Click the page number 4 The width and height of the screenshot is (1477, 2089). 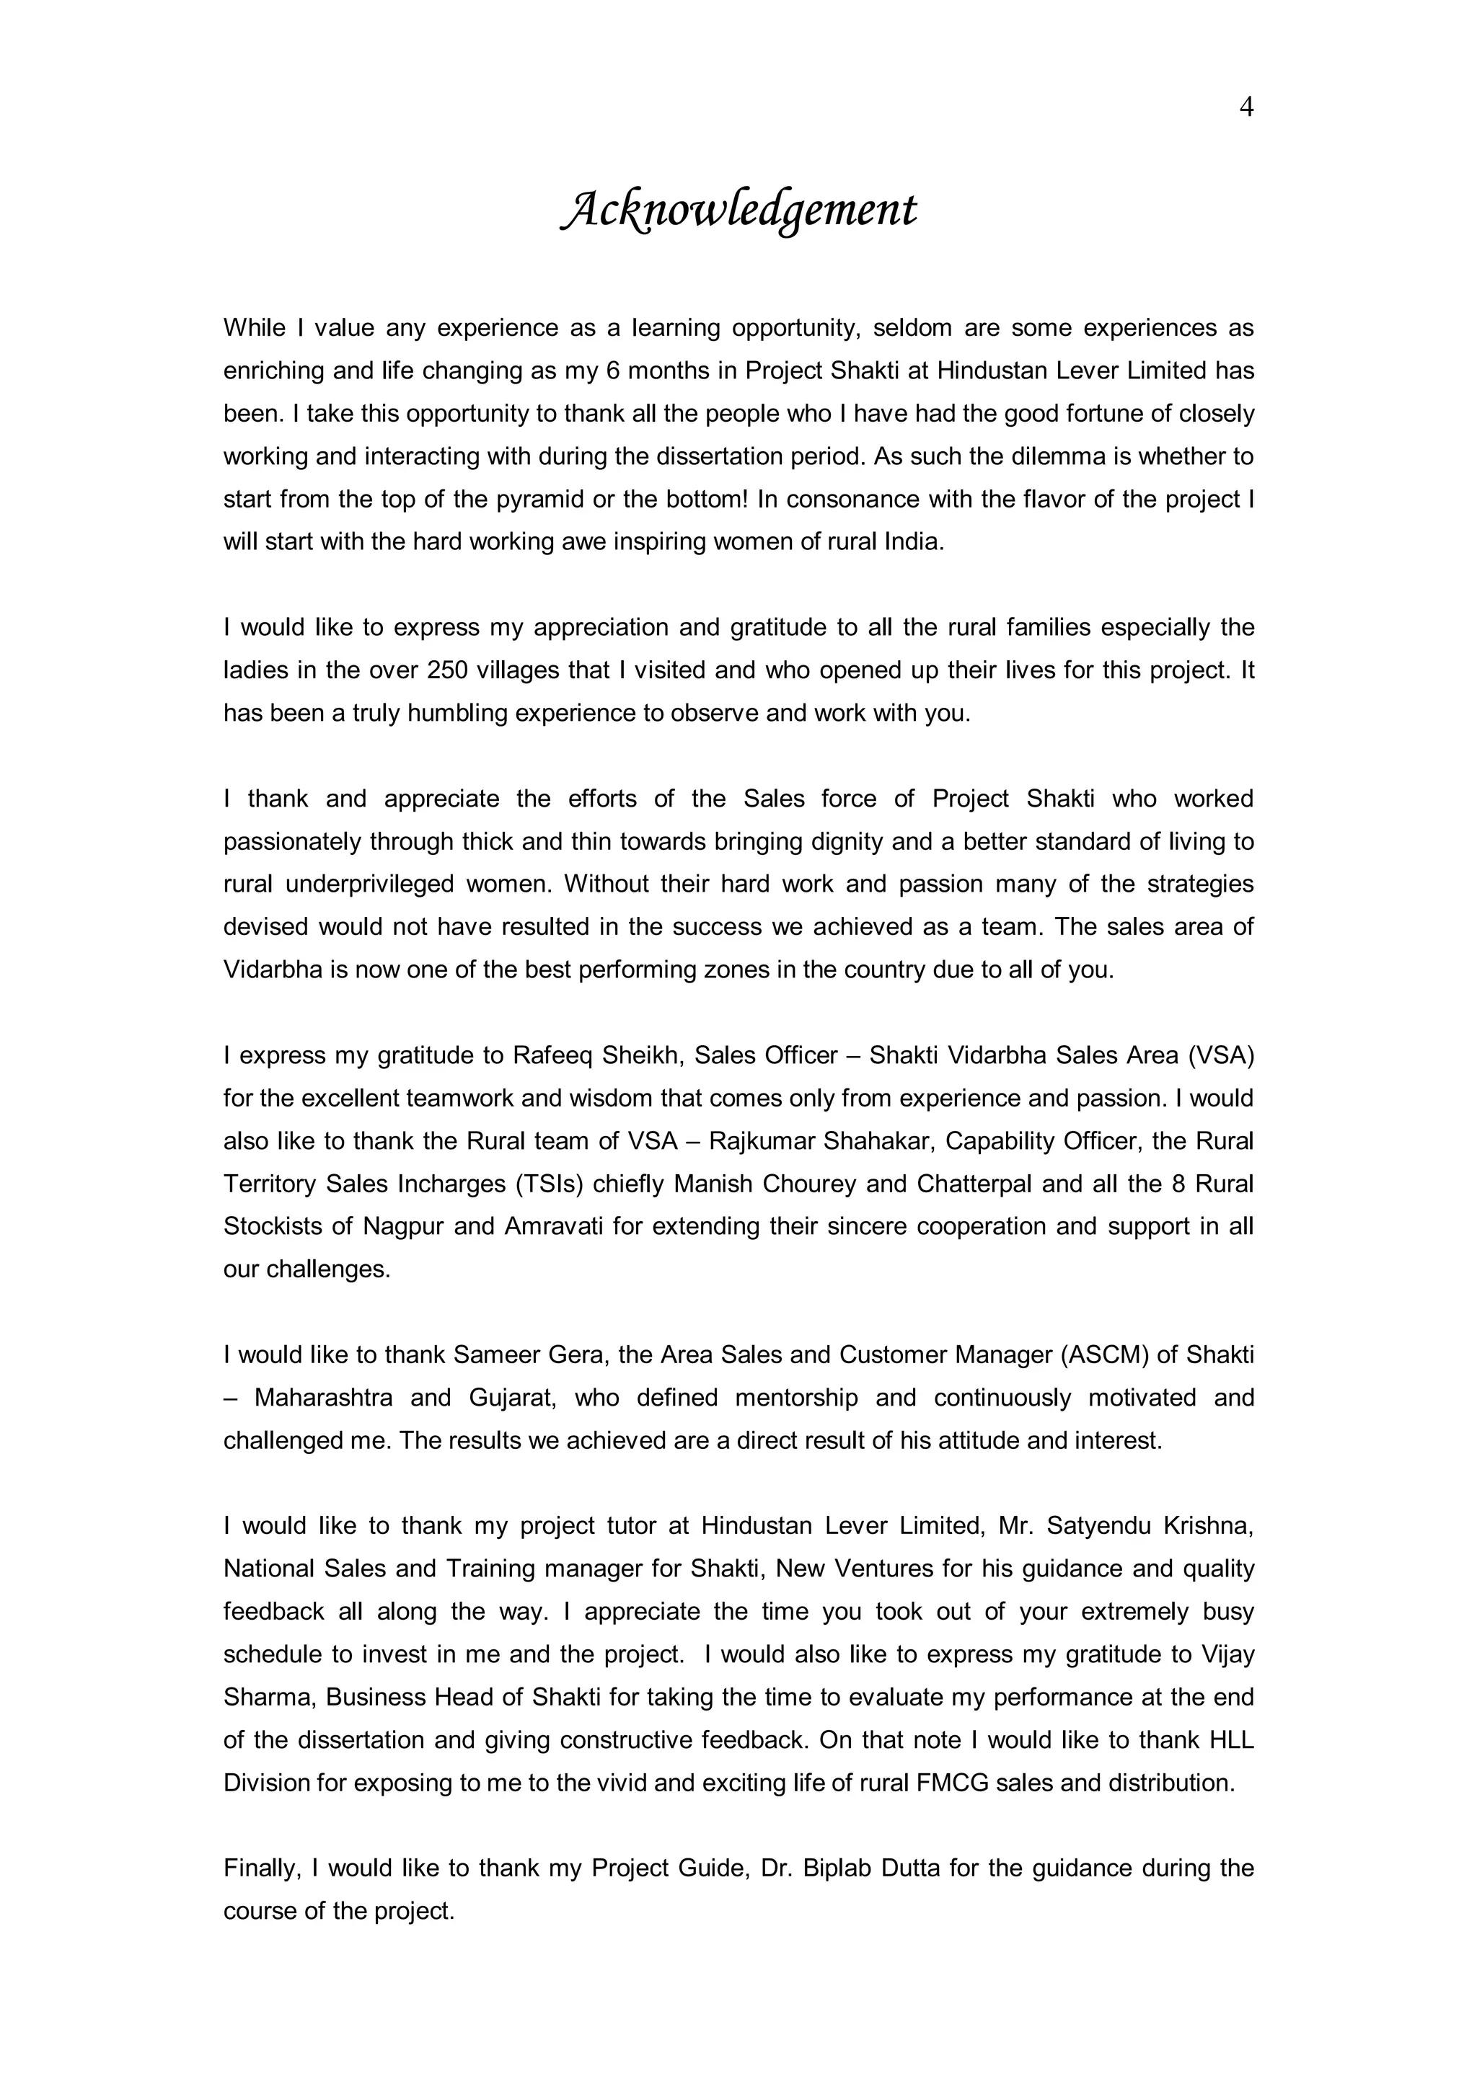point(1245,107)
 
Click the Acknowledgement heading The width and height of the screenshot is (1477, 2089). point(738,210)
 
